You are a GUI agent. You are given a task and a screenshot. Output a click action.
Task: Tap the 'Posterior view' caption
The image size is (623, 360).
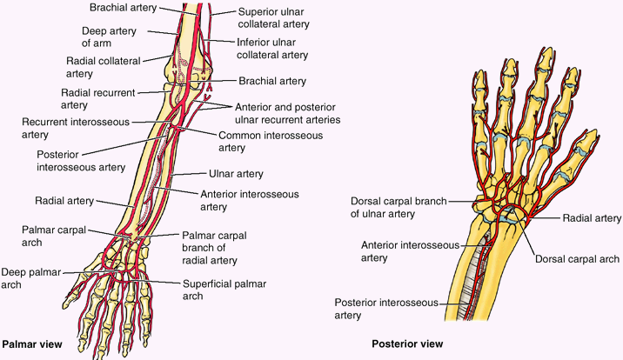(x=407, y=343)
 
